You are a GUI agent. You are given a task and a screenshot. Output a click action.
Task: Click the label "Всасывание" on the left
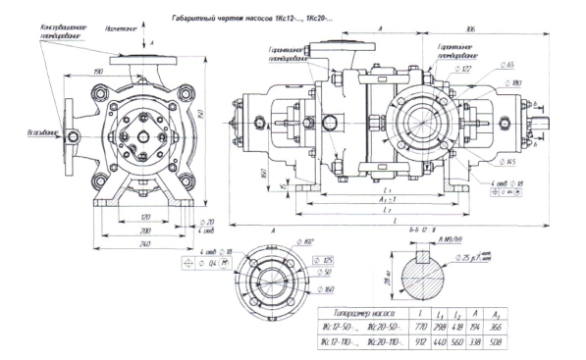click(26, 129)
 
